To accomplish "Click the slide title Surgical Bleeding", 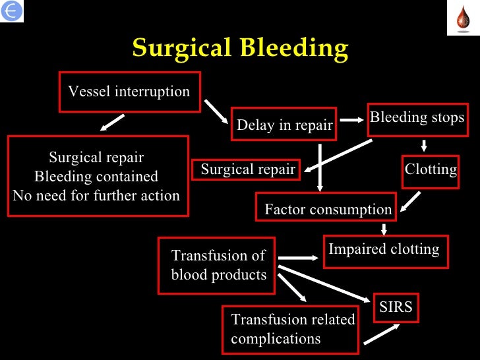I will pyautogui.click(x=240, y=48).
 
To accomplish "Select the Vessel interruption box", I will pyautogui.click(x=129, y=92).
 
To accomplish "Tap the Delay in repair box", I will pyautogui.click(x=284, y=125).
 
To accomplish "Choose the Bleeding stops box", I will pyautogui.click(x=417, y=119).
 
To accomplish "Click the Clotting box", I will pyautogui.click(x=431, y=169).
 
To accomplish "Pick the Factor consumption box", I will pyautogui.click(x=327, y=210).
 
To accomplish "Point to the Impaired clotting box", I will pyautogui.click(x=385, y=251).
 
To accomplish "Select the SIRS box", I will pyautogui.click(x=396, y=307).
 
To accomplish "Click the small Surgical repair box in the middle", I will pyautogui.click(x=247, y=169).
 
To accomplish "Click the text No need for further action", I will pyautogui.click(x=96, y=195).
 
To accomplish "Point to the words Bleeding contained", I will pyautogui.click(x=96, y=177).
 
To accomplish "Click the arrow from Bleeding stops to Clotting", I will pyautogui.click(x=424, y=145).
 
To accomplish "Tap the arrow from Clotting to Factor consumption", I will pyautogui.click(x=411, y=200).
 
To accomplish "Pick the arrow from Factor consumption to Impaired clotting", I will pyautogui.click(x=384, y=229).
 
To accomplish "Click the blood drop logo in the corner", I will pyautogui.click(x=462, y=18).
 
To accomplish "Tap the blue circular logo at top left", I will pyautogui.click(x=12, y=11).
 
